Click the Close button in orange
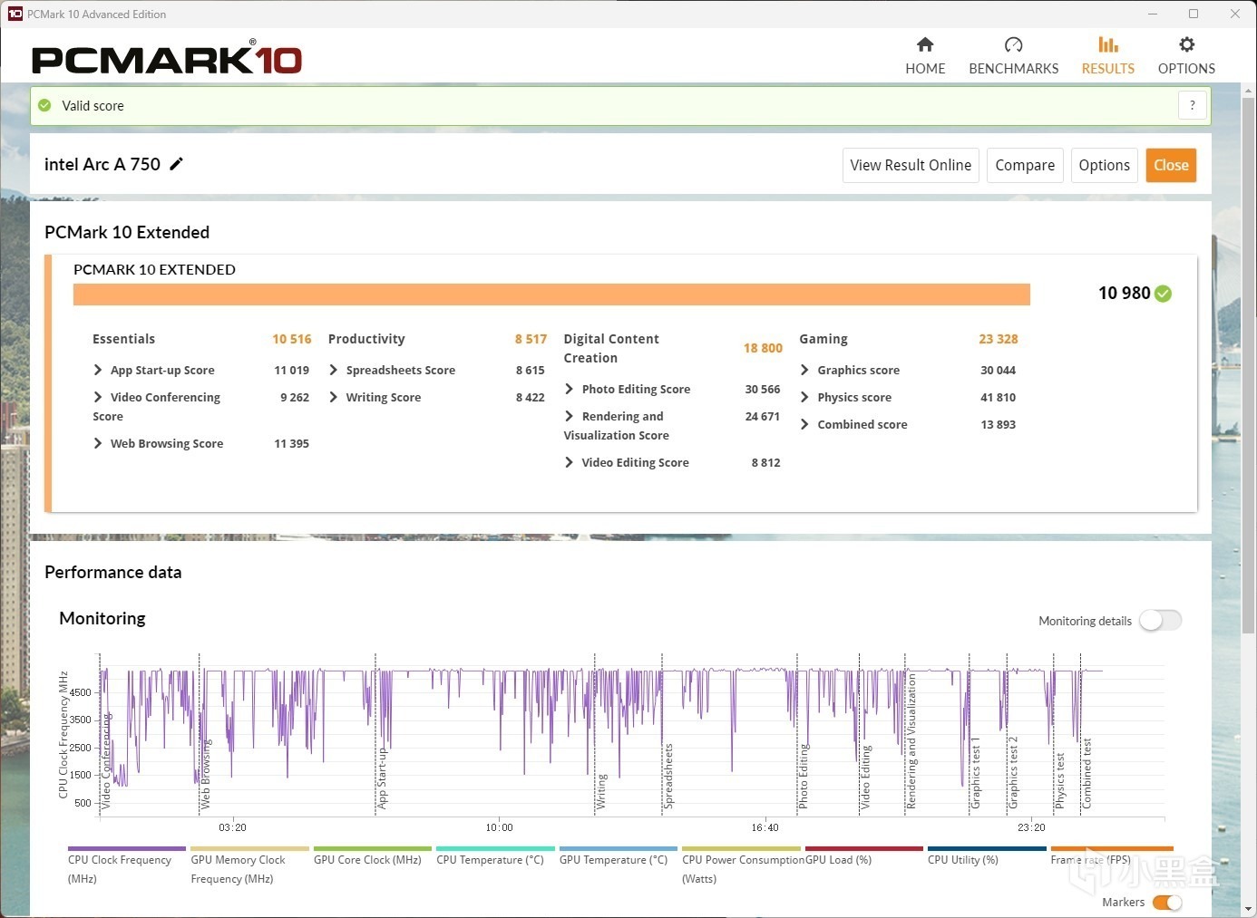[1171, 165]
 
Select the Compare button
[1025, 165]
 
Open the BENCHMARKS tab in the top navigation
[1013, 56]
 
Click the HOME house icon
[925, 45]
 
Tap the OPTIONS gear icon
[1186, 45]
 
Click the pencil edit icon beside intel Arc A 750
[177, 164]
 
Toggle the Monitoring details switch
[1161, 621]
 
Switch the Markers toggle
[1167, 903]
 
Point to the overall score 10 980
[1124, 293]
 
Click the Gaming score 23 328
[998, 339]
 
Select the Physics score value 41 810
[998, 397]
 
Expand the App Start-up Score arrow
[98, 370]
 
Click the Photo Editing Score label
[636, 389]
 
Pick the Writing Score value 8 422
[530, 397]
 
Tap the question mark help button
[1193, 105]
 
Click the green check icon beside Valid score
[44, 106]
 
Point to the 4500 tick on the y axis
[81, 692]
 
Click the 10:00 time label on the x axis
[499, 827]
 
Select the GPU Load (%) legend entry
[838, 860]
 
